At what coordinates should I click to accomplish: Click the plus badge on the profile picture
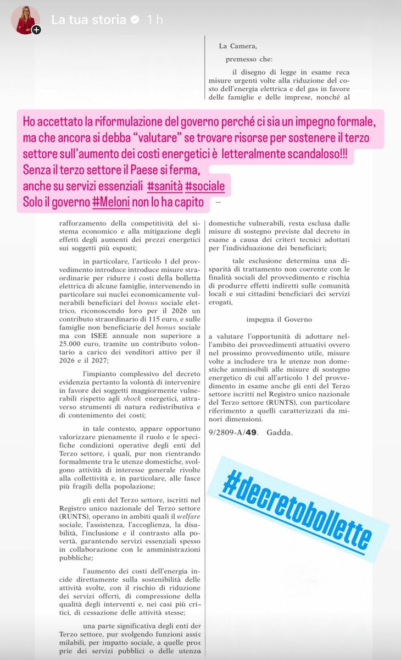coord(36,30)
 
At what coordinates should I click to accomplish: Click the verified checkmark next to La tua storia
coord(134,20)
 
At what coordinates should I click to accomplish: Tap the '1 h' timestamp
coord(155,20)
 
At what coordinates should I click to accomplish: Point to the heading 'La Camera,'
coord(238,46)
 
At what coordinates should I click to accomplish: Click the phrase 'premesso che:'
coord(249,59)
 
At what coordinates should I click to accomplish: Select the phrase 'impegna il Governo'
coord(279,320)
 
